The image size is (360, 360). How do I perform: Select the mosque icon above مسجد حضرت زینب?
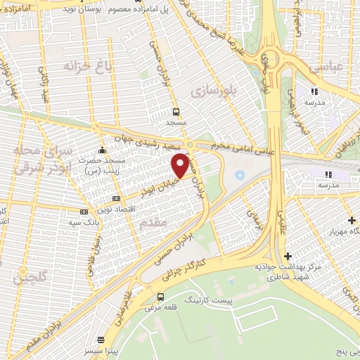coord(103,150)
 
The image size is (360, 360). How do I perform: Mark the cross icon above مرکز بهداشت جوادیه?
coord(287,257)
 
